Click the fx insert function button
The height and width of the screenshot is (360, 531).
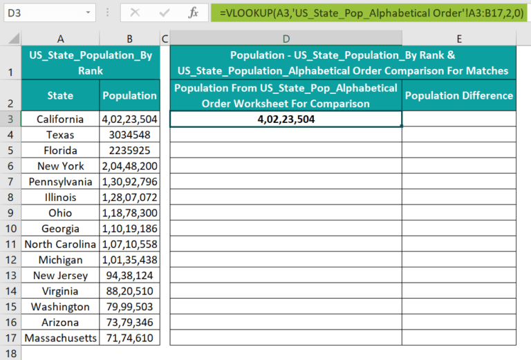[x=194, y=12]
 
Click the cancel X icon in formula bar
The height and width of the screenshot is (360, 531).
[x=135, y=12]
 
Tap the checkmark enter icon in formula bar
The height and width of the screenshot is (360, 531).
[x=165, y=12]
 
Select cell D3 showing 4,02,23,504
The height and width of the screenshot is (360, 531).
[x=286, y=119]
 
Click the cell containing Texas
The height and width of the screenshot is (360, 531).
[x=60, y=135]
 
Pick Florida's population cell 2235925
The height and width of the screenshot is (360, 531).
[x=129, y=150]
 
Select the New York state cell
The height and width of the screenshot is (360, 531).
[x=60, y=166]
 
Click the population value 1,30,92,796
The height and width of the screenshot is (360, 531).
[x=129, y=182]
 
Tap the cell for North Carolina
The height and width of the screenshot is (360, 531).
[x=60, y=244]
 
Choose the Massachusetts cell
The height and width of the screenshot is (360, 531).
[x=60, y=338]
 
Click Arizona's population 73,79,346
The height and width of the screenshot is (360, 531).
[x=129, y=322]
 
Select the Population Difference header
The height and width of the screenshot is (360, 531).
[x=459, y=95]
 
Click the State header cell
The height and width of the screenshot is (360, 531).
[x=60, y=95]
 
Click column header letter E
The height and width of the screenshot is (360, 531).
[x=459, y=39]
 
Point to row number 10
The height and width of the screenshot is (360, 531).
[x=10, y=229]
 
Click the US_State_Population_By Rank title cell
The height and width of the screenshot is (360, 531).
[x=91, y=62]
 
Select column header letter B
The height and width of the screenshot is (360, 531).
[x=129, y=39]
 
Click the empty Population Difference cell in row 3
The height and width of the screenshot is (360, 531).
[x=459, y=119]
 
